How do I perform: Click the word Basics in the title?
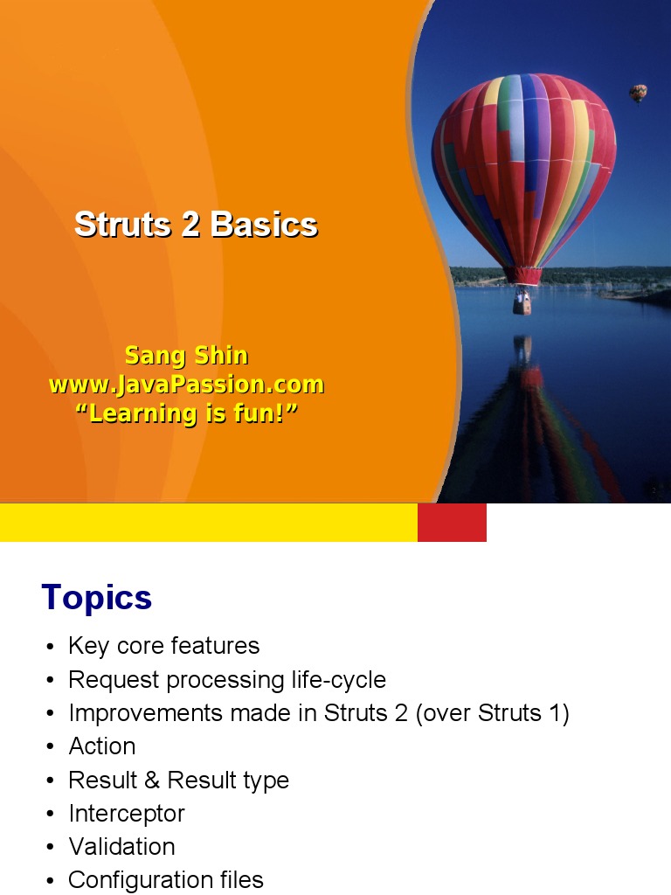264,225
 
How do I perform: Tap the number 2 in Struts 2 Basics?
190,225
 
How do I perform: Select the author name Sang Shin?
187,356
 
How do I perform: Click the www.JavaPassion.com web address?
187,385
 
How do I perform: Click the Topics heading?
97,598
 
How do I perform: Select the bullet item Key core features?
163,646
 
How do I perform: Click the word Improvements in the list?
145,713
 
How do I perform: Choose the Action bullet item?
102,746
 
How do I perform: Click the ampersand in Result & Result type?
152,781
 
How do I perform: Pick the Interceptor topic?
127,814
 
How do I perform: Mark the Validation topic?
122,847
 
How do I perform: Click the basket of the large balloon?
522,303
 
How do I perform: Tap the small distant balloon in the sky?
638,93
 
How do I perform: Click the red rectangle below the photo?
452,523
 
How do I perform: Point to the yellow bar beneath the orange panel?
209,523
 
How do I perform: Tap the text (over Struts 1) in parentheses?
493,713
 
